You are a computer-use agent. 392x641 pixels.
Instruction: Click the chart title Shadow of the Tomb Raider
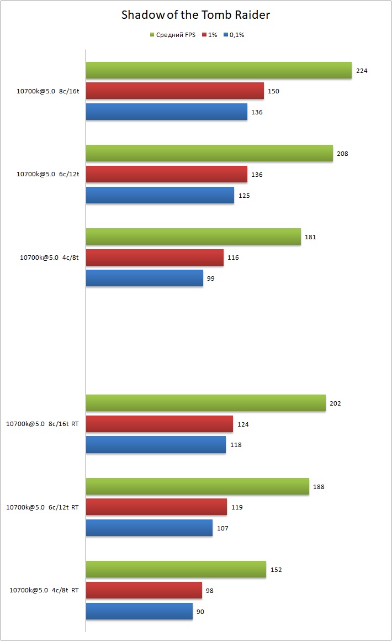tap(195, 15)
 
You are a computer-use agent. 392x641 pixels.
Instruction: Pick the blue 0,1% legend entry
tap(234, 35)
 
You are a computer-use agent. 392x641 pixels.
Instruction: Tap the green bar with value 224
tap(219, 70)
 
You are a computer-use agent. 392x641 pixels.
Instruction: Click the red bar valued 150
tap(174, 91)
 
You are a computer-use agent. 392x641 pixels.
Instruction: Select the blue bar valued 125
tap(160, 195)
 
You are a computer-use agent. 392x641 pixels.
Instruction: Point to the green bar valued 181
tap(193, 237)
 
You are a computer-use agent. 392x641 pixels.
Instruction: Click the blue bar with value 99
tap(144, 278)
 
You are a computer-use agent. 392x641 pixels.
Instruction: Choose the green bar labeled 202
tap(205, 403)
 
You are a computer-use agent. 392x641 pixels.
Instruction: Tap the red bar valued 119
tap(156, 507)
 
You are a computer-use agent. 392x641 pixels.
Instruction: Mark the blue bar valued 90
tap(139, 611)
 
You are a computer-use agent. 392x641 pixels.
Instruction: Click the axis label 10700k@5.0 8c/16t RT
tap(42, 424)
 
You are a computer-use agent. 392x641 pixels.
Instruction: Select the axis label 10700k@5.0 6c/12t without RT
tap(48, 175)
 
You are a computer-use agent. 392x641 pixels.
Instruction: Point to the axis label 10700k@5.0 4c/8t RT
tap(44, 591)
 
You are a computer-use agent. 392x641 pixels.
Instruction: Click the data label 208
tap(342, 154)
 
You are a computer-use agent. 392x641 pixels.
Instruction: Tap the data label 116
tap(233, 258)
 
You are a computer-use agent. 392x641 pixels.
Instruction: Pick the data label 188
tap(318, 487)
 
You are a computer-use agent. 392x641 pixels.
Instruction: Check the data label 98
tap(209, 591)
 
